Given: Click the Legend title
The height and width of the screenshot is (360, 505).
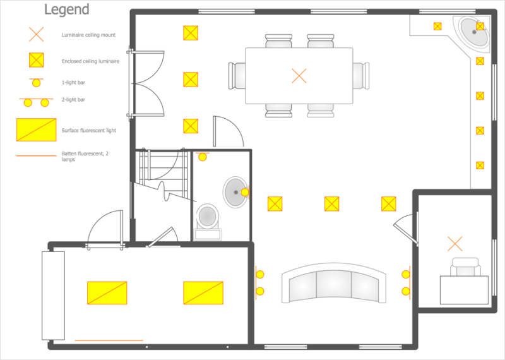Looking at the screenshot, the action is (x=67, y=9).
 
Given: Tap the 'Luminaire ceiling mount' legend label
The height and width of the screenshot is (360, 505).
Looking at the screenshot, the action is (x=88, y=35).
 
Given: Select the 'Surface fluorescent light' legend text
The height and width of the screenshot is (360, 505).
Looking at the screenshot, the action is (x=89, y=130).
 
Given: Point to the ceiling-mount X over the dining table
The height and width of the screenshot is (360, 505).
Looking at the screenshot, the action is (x=299, y=76).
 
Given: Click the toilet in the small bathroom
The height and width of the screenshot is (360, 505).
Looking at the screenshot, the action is (x=208, y=222).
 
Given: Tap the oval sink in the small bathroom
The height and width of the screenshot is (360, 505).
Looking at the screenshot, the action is (x=235, y=193).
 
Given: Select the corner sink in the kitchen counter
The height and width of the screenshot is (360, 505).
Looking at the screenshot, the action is (x=474, y=32).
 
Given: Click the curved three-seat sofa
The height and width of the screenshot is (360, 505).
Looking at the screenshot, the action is (x=334, y=283).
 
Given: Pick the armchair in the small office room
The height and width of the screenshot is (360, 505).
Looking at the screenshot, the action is (x=465, y=267).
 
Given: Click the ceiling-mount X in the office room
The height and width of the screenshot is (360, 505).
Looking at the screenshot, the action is (x=455, y=244).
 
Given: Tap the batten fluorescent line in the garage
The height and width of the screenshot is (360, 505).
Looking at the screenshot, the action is (x=109, y=340).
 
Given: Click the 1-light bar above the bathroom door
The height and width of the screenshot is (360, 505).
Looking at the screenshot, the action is (x=202, y=156).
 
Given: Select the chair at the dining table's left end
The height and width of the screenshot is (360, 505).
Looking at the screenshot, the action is (x=237, y=76).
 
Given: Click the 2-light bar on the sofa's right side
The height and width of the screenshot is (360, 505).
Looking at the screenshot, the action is (x=407, y=283).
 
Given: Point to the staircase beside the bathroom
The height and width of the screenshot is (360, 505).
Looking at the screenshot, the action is (x=163, y=174).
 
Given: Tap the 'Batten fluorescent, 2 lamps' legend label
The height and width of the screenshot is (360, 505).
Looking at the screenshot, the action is (x=85, y=156).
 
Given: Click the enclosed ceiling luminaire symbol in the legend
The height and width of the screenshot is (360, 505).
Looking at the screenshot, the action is (x=37, y=60).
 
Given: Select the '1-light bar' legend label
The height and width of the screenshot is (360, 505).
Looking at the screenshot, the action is (x=73, y=83).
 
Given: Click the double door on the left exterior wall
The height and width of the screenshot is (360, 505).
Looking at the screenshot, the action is (x=146, y=83).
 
